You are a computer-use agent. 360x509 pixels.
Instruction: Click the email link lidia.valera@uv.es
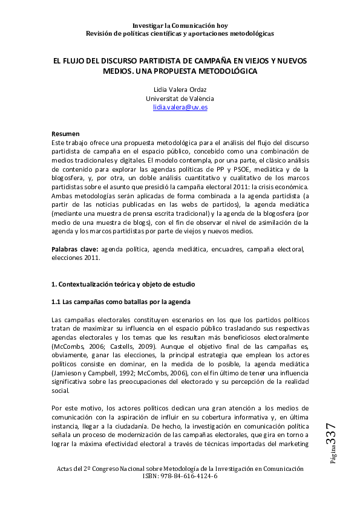click(180, 107)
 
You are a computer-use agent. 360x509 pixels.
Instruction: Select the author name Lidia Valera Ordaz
click(180, 89)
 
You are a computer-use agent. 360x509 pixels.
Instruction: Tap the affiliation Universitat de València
click(180, 98)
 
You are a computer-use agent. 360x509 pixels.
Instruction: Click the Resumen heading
click(65, 134)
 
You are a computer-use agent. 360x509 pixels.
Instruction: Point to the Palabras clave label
click(74, 248)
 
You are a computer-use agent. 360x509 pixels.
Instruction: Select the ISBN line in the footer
click(180, 476)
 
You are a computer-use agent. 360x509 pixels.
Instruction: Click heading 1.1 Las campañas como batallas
click(122, 301)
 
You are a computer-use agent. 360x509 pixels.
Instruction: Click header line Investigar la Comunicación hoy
click(180, 25)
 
